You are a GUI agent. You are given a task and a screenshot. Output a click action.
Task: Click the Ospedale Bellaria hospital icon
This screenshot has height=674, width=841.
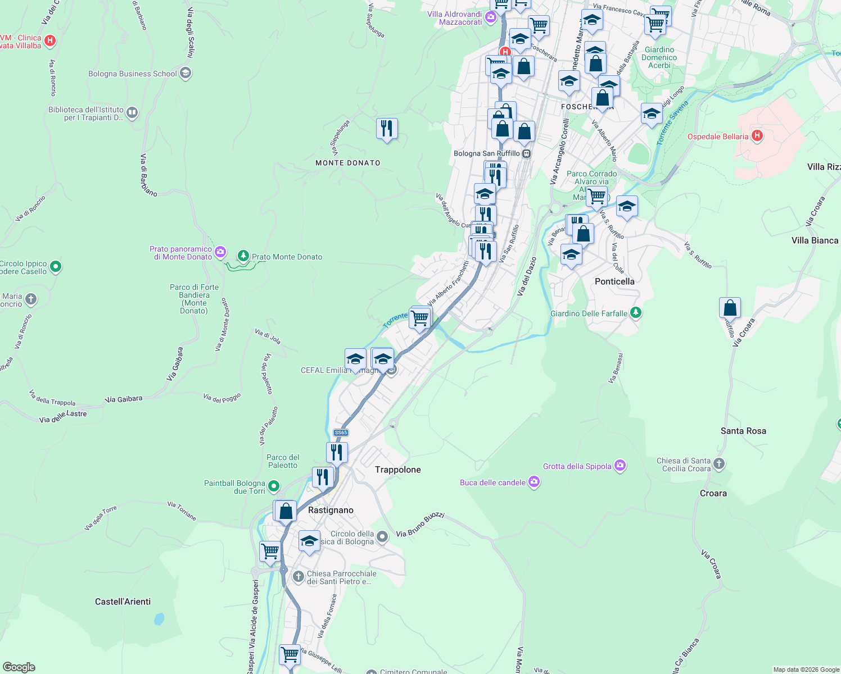[x=757, y=136]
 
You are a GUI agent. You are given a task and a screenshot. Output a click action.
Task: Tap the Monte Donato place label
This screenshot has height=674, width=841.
[x=348, y=163]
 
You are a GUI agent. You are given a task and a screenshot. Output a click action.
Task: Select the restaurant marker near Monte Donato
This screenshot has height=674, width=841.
[x=387, y=129]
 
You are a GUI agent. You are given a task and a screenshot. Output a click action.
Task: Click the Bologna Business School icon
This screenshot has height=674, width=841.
[x=186, y=74]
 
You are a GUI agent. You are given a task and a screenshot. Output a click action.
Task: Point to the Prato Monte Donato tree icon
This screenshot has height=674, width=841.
[x=243, y=256]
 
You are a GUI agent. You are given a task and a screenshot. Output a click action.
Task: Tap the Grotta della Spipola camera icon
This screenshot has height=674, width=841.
[x=620, y=466]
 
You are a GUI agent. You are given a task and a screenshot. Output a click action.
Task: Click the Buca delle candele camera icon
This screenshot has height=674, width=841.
[x=534, y=482]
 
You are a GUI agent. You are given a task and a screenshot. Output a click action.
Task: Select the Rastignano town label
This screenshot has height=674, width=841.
[x=331, y=510]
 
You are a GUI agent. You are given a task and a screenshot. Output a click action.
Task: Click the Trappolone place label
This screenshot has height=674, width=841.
[x=398, y=470]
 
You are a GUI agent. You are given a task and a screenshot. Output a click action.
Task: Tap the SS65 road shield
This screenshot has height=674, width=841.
[x=341, y=432]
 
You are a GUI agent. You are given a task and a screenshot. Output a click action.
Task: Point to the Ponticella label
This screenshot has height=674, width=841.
[x=614, y=281]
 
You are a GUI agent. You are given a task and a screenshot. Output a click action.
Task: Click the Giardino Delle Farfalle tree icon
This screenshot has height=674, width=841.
[x=636, y=312]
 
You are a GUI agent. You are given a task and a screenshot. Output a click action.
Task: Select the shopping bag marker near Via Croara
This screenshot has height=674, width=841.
[x=730, y=308]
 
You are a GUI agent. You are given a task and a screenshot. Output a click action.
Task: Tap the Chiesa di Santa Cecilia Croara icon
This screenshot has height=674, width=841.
[x=719, y=464]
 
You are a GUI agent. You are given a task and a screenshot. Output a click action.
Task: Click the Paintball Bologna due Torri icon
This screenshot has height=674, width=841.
[x=274, y=486]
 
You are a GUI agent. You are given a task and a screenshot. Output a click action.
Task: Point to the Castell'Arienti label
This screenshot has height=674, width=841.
[x=123, y=602]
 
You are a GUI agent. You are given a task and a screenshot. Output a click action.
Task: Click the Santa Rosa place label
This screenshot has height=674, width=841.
[x=743, y=431]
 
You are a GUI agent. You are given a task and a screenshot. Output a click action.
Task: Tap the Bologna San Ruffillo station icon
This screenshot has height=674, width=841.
[x=526, y=153]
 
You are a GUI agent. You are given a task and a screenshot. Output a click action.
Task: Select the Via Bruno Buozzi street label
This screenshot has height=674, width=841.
[x=420, y=525]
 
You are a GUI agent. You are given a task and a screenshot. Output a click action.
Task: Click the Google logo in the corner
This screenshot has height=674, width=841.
[x=19, y=667]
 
